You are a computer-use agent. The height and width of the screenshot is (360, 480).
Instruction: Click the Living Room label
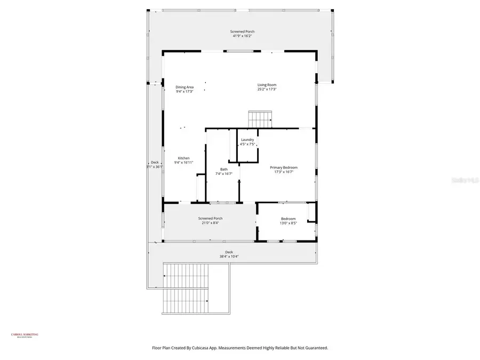tap(267, 85)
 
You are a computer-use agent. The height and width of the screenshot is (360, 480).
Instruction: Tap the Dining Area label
tap(185, 87)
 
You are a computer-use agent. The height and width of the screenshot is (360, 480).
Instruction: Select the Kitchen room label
tap(183, 158)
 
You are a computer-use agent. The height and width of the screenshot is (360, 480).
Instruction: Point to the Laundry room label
tap(247, 140)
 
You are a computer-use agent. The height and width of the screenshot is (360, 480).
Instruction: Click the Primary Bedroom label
tap(283, 167)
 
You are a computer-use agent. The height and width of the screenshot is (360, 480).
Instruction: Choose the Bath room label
tap(223, 169)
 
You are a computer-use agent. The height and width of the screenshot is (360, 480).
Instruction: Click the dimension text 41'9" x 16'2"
tap(242, 36)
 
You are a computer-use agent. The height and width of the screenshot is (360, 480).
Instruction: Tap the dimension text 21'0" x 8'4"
tap(210, 223)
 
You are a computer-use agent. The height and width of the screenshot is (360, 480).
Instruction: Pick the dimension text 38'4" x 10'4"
tap(229, 257)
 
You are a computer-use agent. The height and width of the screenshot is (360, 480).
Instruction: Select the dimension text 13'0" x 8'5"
tap(288, 223)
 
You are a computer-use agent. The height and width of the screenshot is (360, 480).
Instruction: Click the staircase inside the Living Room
tap(260, 118)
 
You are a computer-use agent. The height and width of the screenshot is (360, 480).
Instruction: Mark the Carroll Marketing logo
tap(25, 335)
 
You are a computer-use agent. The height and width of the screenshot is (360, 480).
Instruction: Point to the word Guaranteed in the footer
tap(315, 348)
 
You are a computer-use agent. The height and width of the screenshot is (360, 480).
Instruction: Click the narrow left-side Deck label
tap(155, 162)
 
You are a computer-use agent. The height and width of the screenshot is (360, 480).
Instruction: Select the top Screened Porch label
tap(242, 31)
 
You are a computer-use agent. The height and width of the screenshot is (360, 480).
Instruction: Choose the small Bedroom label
tap(288, 219)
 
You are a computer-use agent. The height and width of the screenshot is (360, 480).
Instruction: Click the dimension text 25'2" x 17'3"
tap(267, 89)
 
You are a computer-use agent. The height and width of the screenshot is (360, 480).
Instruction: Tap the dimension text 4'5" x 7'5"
tap(247, 144)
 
